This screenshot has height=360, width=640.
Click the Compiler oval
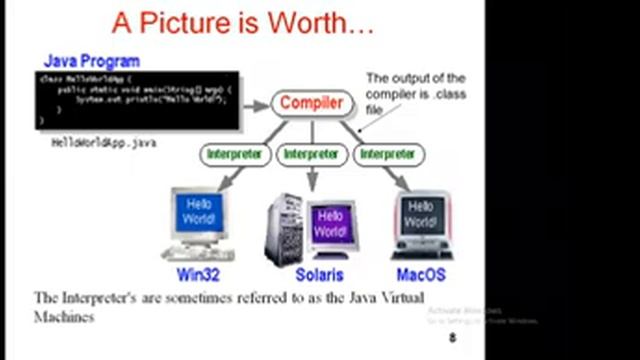pos(310,103)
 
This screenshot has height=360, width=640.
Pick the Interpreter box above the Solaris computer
pos(310,155)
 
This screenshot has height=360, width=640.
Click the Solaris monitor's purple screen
pos(330,223)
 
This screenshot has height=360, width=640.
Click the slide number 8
pos(452,339)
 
